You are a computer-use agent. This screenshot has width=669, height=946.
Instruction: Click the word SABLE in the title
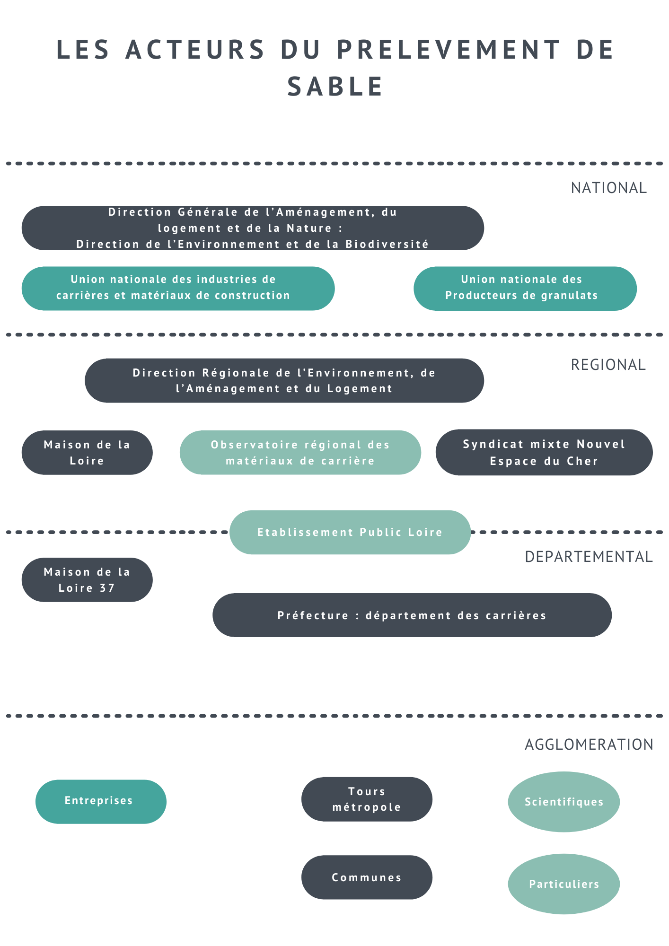click(x=335, y=87)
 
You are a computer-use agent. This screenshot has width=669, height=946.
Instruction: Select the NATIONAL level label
click(x=608, y=188)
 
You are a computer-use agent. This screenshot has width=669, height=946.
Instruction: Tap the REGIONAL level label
click(x=608, y=365)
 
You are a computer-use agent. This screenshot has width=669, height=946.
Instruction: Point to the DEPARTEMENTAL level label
click(x=589, y=557)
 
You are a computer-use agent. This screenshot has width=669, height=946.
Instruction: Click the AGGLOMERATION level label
click(x=589, y=745)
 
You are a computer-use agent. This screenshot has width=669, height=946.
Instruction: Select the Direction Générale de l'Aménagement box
click(x=253, y=228)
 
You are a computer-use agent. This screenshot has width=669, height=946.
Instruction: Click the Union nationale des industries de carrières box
click(x=178, y=289)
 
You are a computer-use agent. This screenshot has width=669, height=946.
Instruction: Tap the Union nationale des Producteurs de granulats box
click(x=525, y=289)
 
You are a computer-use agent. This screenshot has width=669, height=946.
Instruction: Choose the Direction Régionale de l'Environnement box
click(x=284, y=381)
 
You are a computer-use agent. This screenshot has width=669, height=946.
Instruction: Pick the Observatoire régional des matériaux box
click(x=300, y=453)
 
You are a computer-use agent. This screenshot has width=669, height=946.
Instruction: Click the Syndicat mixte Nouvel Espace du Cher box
click(x=544, y=452)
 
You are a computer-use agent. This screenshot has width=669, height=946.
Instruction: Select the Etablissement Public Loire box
click(x=350, y=532)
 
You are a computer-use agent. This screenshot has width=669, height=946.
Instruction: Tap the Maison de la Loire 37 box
click(x=87, y=580)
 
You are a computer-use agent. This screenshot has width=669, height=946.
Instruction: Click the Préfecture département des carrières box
click(x=412, y=615)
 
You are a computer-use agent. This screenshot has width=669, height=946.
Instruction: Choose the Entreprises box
click(x=101, y=802)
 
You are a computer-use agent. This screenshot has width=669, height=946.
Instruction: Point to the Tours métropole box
click(x=367, y=799)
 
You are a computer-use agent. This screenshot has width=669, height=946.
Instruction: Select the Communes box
click(x=367, y=877)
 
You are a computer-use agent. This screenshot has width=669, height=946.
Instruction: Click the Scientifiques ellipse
click(x=564, y=802)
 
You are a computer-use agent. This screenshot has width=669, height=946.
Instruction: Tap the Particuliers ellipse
click(x=564, y=884)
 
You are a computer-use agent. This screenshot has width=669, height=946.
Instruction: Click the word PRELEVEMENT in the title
click(x=449, y=50)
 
